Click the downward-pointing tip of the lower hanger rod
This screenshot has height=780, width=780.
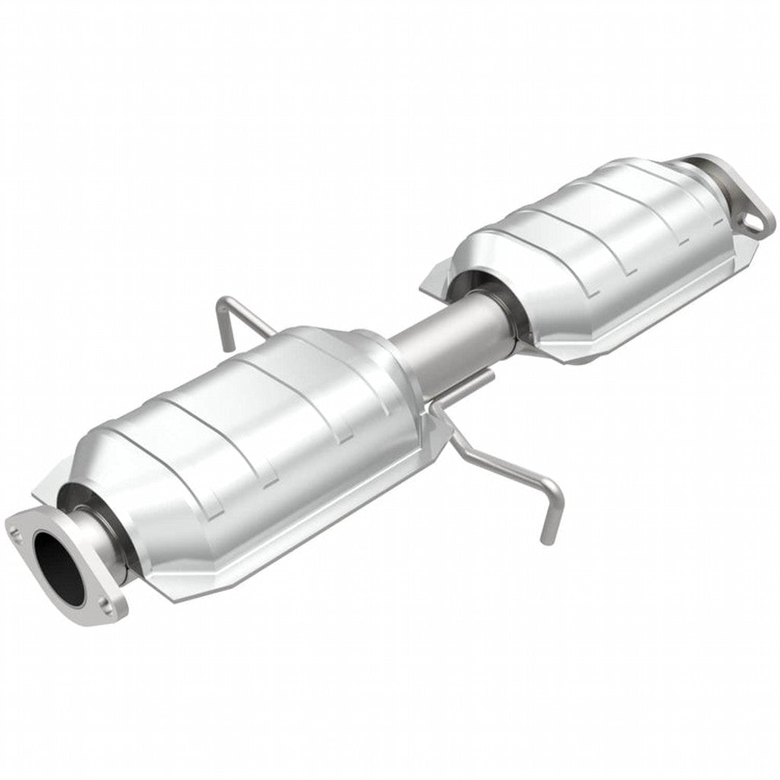[x=545, y=538]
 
